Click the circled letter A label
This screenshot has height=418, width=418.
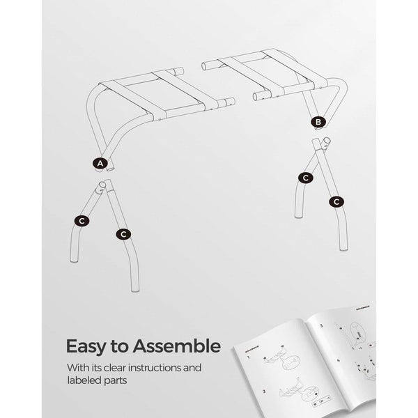(101, 163)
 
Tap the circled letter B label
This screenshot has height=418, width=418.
(319, 122)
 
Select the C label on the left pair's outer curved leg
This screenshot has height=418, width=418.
(82, 220)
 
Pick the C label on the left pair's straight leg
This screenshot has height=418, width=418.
(123, 234)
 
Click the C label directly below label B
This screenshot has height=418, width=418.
(304, 178)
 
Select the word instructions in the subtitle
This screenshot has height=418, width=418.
(154, 368)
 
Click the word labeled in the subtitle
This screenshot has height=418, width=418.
(86, 382)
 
